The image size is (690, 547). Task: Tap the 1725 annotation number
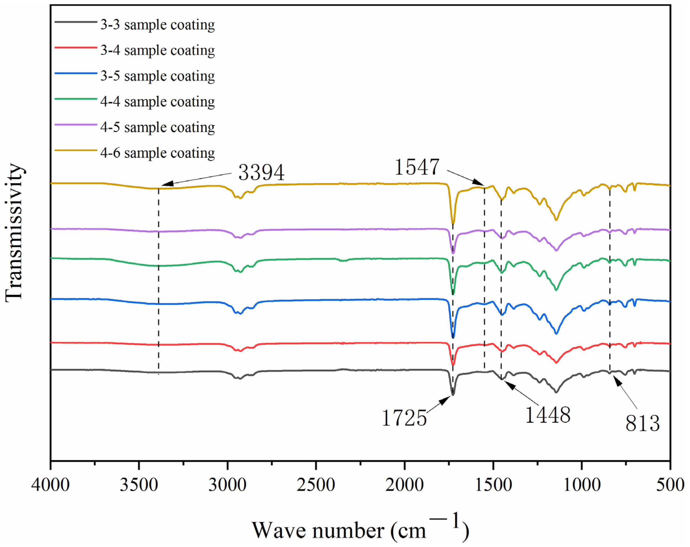click(x=404, y=418)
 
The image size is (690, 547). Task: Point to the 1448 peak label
click(x=548, y=415)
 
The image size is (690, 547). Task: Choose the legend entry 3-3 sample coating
click(x=157, y=25)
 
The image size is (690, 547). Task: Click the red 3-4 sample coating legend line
click(x=76, y=48)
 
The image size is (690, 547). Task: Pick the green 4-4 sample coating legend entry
click(x=157, y=102)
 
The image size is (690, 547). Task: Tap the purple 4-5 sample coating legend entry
click(x=157, y=127)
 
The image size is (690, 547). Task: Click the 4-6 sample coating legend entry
click(x=157, y=153)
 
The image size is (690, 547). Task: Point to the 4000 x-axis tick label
click(x=51, y=485)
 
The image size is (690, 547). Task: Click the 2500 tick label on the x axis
click(x=316, y=485)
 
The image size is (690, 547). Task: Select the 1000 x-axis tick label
click(x=581, y=485)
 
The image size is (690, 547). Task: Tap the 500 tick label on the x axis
click(x=670, y=485)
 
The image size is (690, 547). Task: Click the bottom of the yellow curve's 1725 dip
click(x=453, y=223)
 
